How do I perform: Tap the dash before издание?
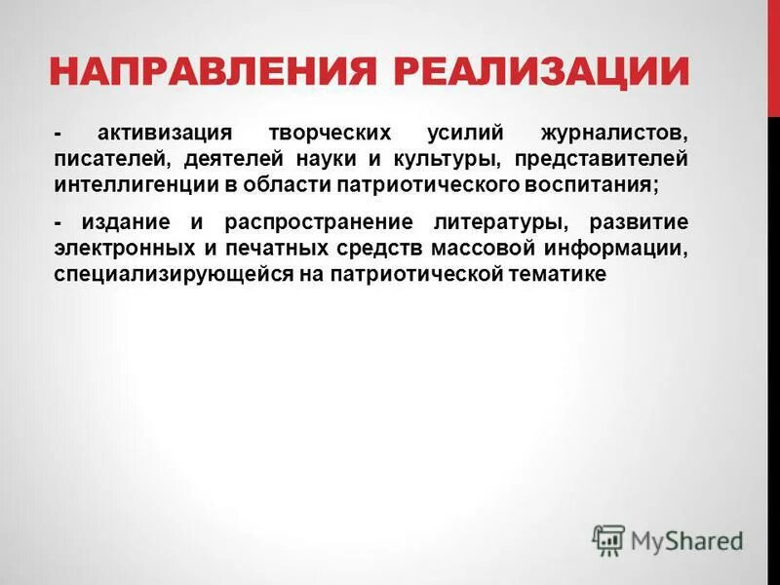[58, 223]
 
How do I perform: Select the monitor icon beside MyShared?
[609, 539]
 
